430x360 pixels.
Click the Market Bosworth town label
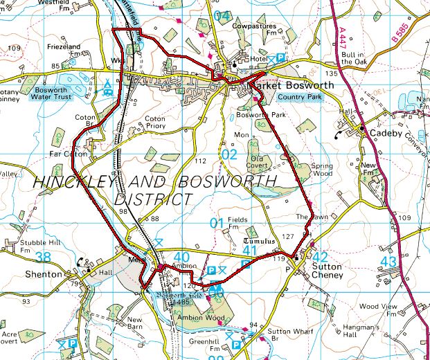click(x=294, y=85)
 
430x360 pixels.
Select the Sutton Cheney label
click(x=328, y=270)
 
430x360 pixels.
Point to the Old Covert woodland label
click(x=261, y=163)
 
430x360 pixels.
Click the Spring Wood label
click(x=321, y=170)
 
